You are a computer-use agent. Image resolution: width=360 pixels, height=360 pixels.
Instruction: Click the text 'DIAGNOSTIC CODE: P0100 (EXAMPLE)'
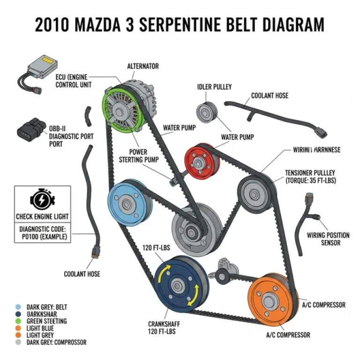[43, 233]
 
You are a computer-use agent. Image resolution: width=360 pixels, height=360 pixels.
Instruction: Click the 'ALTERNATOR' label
[142, 67]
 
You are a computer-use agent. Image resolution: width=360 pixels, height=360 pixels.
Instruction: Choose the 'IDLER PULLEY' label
[214, 87]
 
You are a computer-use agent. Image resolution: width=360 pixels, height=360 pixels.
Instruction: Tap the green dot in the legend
[18, 321]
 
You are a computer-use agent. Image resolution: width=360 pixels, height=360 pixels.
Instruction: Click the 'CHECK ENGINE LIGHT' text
[42, 217]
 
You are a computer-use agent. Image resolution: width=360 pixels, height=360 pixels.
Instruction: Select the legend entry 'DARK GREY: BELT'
[47, 307]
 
